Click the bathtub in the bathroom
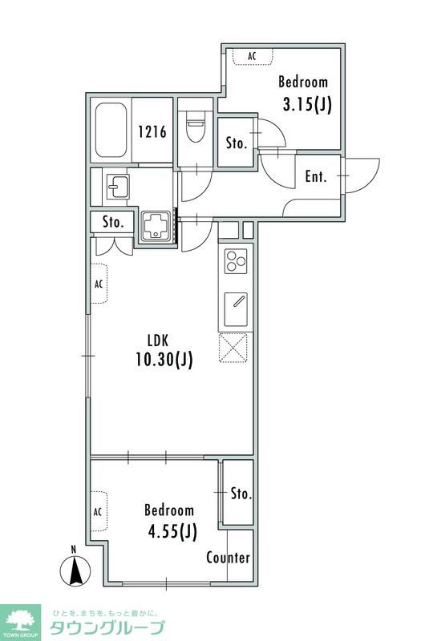[111, 130]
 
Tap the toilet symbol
[195, 126]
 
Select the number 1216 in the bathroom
[152, 131]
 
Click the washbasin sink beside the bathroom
[118, 186]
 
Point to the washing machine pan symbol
[156, 227]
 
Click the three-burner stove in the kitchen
[236, 261]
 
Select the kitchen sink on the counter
[236, 309]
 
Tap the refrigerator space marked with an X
[233, 348]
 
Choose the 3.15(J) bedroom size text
[307, 105]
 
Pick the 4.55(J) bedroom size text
[172, 532]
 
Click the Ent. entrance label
[316, 176]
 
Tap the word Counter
[229, 558]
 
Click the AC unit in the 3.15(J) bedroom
[253, 56]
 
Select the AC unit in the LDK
[99, 284]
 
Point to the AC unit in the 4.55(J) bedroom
[98, 511]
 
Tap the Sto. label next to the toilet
[237, 143]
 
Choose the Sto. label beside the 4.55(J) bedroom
[241, 494]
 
